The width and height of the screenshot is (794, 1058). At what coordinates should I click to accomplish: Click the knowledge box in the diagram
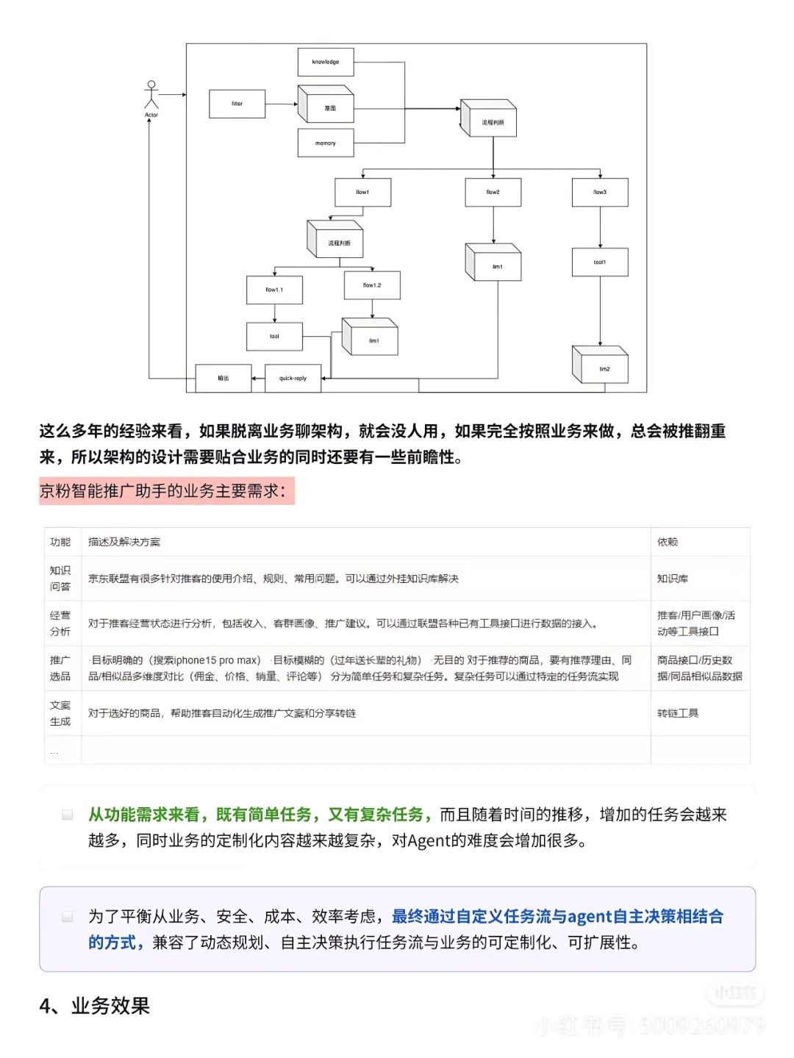(325, 62)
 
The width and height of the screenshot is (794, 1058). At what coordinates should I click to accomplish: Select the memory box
(325, 143)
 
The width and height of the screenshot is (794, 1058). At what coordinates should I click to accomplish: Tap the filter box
(237, 104)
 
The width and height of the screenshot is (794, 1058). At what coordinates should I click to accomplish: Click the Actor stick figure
(151, 96)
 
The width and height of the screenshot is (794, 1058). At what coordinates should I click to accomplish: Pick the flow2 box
(493, 192)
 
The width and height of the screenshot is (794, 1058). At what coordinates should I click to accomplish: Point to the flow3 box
(600, 192)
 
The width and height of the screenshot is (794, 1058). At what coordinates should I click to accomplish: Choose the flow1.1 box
(274, 290)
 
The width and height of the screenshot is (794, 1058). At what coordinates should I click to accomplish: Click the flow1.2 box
(372, 285)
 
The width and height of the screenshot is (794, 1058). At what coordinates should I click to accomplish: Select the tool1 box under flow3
(600, 262)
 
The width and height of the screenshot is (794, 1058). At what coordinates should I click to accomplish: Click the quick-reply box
(293, 378)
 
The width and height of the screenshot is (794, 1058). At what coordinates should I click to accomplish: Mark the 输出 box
(223, 378)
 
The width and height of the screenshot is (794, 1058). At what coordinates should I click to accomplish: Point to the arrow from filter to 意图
(281, 104)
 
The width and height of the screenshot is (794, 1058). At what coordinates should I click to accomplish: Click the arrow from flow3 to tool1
(600, 227)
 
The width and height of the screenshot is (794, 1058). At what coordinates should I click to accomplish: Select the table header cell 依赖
(668, 542)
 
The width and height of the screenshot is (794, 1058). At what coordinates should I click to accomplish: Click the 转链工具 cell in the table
(678, 713)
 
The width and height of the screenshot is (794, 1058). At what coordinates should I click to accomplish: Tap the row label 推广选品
(60, 668)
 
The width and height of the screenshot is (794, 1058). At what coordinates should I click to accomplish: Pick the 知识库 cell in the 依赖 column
(673, 579)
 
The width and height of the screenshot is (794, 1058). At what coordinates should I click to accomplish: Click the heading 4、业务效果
(95, 1005)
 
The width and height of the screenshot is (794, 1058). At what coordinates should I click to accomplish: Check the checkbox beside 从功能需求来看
(68, 814)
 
